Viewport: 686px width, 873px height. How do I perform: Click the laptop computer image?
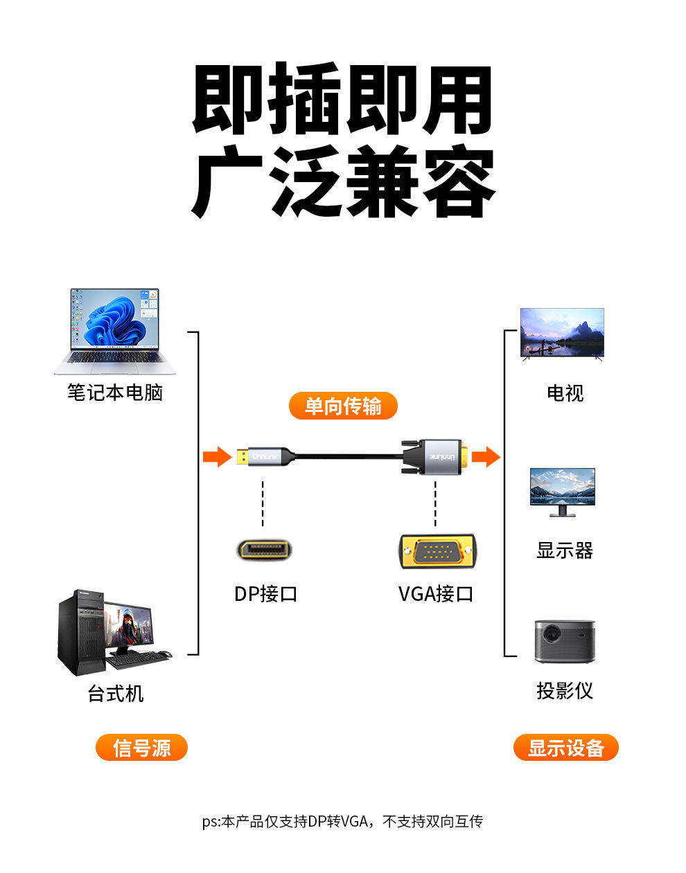[x=114, y=330]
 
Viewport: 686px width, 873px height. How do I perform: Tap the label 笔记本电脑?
[x=115, y=393]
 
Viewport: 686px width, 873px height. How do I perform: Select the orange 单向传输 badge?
[x=343, y=406]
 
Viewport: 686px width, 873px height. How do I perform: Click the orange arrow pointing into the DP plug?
[x=217, y=457]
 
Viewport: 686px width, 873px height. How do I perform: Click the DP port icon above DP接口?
[x=263, y=550]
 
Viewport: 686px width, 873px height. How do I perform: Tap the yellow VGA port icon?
[x=437, y=552]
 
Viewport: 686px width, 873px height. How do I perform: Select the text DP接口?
[x=266, y=593]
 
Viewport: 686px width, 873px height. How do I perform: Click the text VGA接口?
[x=436, y=593]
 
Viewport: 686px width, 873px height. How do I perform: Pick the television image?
[x=562, y=333]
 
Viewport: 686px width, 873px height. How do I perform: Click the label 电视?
[x=565, y=393]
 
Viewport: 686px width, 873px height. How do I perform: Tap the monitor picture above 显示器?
[x=562, y=491]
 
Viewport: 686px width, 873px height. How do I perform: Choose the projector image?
[x=565, y=641]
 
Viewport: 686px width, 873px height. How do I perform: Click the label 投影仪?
[x=565, y=690]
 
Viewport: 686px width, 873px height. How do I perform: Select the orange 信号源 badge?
[x=141, y=748]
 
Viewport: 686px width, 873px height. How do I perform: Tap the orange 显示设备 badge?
[x=565, y=748]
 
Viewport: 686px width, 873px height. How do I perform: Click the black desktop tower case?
[x=80, y=633]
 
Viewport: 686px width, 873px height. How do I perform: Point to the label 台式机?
[x=115, y=693]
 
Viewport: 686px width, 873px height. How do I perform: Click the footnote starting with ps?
[x=342, y=821]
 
